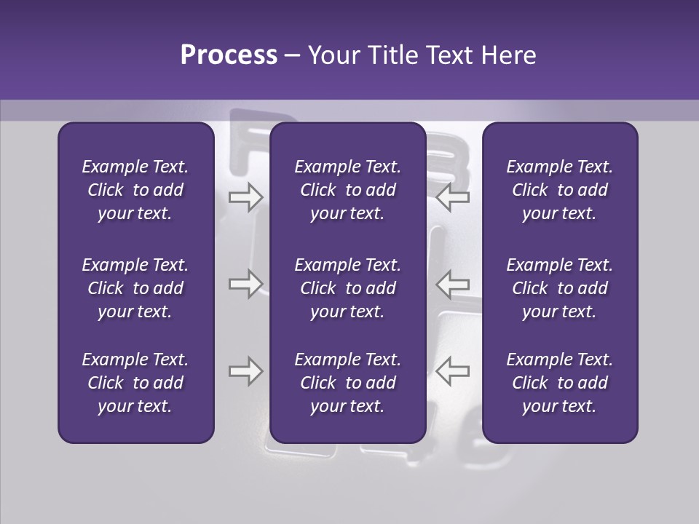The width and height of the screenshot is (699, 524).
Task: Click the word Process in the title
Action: click(x=229, y=55)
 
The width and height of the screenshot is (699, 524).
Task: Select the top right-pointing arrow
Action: click(x=245, y=197)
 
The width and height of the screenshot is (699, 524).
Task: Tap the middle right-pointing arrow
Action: click(x=245, y=284)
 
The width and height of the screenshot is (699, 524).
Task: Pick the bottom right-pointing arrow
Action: click(x=245, y=371)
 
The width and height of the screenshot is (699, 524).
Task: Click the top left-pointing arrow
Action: click(x=452, y=197)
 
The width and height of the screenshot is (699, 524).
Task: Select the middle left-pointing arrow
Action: click(x=452, y=284)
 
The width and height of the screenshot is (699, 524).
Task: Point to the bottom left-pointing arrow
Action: click(x=452, y=371)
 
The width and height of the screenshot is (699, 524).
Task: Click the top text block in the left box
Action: click(x=135, y=190)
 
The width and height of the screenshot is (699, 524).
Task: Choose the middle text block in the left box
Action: click(x=135, y=288)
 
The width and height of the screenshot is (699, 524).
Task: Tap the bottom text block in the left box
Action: click(x=135, y=383)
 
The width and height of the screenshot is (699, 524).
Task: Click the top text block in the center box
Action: click(x=347, y=190)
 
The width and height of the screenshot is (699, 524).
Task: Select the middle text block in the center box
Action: click(x=347, y=288)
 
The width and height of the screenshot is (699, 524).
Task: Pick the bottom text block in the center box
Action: click(x=347, y=383)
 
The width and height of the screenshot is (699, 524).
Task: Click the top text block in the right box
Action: click(x=559, y=190)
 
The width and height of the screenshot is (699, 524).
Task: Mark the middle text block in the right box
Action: click(x=559, y=288)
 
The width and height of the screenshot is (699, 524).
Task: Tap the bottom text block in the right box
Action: click(x=559, y=383)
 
